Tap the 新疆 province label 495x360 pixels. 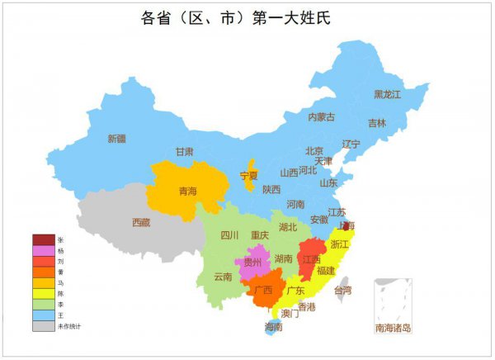click(x=117, y=139)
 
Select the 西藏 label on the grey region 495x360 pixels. click(x=141, y=222)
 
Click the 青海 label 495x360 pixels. click(x=188, y=192)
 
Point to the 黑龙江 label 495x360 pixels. click(x=387, y=95)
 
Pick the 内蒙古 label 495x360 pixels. click(x=322, y=117)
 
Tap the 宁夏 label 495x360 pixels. click(x=249, y=176)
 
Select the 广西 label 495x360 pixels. click(x=263, y=291)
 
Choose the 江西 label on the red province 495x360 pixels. click(x=311, y=259)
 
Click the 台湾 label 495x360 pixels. click(x=342, y=291)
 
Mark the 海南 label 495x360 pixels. click(x=273, y=328)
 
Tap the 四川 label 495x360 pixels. click(x=229, y=234)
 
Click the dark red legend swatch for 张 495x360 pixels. click(x=43, y=239)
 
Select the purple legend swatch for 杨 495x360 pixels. click(x=43, y=250)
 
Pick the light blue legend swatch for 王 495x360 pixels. click(x=43, y=315)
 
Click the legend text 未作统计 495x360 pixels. click(x=68, y=325)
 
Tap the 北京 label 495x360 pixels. click(x=314, y=151)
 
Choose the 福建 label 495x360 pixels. click(x=326, y=270)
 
